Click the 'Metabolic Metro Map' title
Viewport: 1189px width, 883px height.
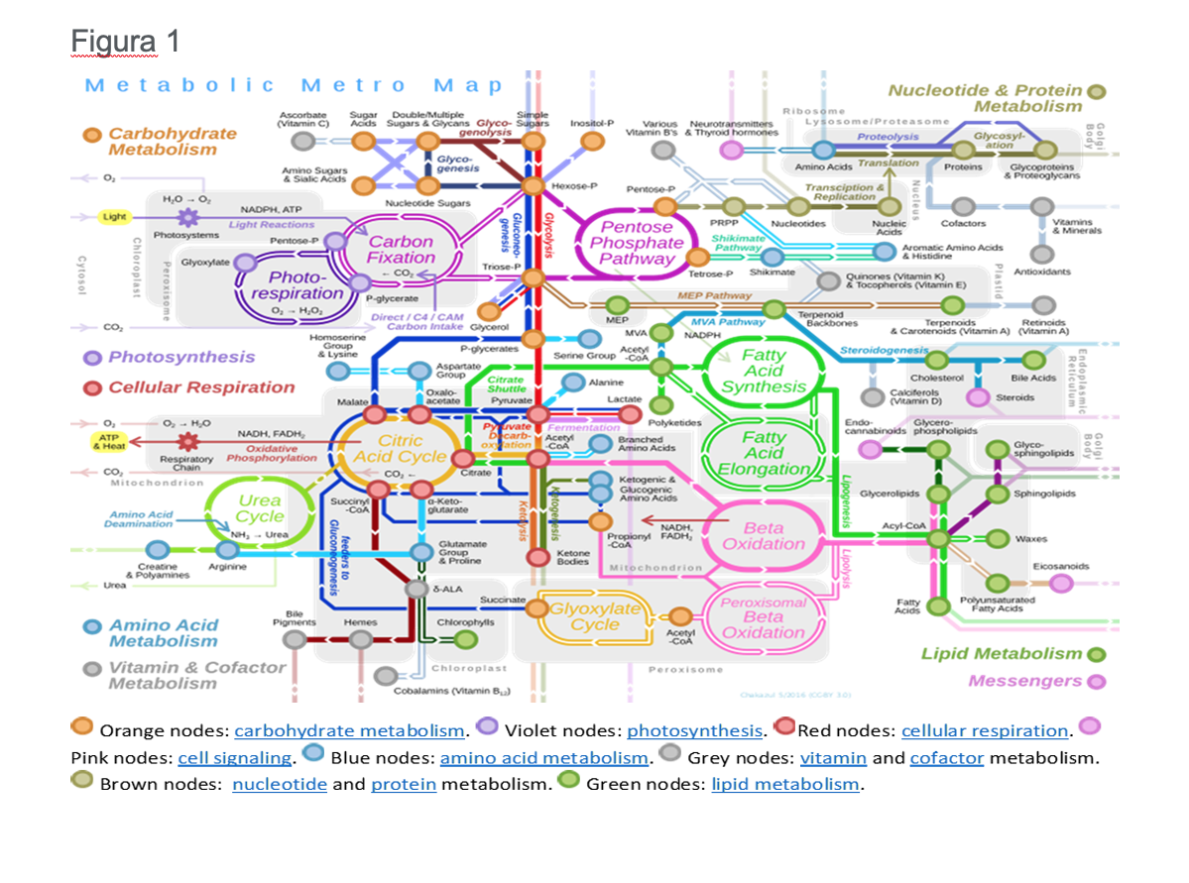(x=294, y=85)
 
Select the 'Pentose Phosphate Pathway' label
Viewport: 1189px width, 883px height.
(x=636, y=243)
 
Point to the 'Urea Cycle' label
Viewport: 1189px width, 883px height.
(x=260, y=507)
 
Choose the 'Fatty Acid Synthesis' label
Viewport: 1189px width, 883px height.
(x=764, y=371)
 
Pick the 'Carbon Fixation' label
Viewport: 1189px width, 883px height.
(x=401, y=249)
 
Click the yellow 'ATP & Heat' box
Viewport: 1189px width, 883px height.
(x=108, y=441)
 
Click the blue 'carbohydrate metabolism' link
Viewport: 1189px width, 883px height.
(x=349, y=731)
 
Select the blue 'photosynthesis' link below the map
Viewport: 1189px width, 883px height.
(x=694, y=731)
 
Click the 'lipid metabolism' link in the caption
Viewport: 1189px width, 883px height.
(x=784, y=784)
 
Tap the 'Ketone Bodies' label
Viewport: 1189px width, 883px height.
(x=573, y=557)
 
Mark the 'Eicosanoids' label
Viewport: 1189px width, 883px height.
(x=1060, y=567)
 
